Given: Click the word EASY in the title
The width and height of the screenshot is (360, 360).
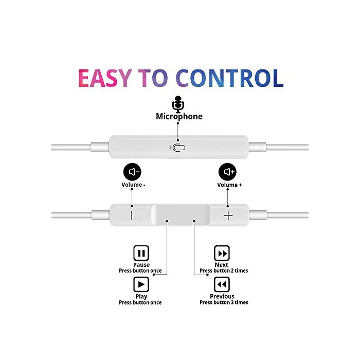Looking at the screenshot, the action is (x=105, y=78).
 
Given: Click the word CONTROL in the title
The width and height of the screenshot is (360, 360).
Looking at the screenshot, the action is (x=229, y=78).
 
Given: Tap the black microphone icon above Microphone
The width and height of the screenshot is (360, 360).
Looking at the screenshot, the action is (x=178, y=104).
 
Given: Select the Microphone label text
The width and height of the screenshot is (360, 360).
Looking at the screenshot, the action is (x=179, y=116).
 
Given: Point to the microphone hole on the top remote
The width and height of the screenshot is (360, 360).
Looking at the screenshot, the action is (x=177, y=148).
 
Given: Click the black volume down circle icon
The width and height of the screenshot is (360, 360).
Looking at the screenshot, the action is (x=132, y=172).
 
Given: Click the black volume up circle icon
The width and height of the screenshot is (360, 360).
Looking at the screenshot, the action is (x=227, y=172).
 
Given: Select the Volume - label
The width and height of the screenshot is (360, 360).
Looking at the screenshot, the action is (x=133, y=185).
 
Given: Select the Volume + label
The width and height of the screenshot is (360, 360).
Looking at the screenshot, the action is (x=229, y=185).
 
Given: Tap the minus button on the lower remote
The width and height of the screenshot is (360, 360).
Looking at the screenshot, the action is (x=132, y=215).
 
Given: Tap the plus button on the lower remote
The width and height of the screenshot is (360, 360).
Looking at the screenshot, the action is (x=228, y=215).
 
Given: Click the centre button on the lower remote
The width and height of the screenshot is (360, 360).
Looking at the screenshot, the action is (x=181, y=215).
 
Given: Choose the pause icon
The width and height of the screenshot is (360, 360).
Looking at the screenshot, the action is (x=141, y=253).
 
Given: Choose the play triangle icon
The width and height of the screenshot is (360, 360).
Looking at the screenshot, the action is (x=141, y=284).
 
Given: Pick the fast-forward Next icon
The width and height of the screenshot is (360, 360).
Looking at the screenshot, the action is (x=222, y=253).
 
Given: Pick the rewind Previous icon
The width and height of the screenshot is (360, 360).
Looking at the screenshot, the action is (x=222, y=284).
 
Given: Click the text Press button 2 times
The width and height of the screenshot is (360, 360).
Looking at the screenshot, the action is (x=224, y=271).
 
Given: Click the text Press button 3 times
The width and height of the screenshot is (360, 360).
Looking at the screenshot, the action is (x=224, y=302).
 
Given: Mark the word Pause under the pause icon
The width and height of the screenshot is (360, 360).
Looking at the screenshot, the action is (x=141, y=265).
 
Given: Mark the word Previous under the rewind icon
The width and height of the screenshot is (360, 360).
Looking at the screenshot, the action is (x=222, y=296).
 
